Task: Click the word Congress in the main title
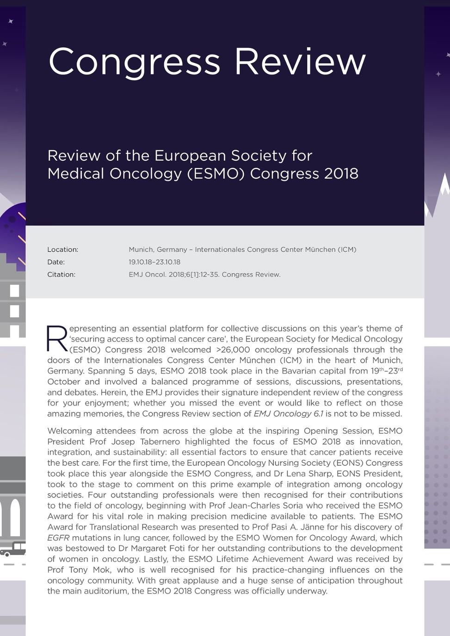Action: point(134,62)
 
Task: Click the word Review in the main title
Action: point(300,61)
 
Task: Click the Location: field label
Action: point(62,250)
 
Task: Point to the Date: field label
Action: point(56,262)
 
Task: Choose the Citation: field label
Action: point(61,275)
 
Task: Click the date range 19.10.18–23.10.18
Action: point(154,262)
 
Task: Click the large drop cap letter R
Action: point(57,339)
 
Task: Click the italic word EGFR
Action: point(58,538)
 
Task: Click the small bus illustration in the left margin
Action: point(13,549)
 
